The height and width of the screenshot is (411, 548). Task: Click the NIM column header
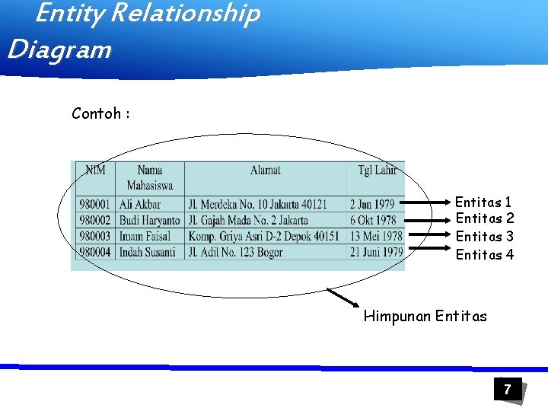(95, 170)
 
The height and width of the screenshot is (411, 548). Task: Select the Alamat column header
(266, 170)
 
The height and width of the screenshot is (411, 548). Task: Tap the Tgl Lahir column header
(377, 170)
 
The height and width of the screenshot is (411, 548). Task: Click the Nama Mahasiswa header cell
(150, 177)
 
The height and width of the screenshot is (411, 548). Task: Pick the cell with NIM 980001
(94, 205)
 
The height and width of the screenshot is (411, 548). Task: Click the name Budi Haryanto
(150, 221)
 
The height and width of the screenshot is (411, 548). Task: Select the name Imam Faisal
(145, 237)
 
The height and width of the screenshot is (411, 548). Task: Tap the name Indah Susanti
(148, 253)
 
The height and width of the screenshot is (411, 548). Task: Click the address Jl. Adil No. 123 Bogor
(236, 253)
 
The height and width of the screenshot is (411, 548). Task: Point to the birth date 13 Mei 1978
(376, 237)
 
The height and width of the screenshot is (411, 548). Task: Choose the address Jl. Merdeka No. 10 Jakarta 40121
(258, 205)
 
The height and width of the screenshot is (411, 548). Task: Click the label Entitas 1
(483, 202)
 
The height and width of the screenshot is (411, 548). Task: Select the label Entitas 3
(484, 237)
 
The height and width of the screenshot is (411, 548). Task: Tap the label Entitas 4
(484, 255)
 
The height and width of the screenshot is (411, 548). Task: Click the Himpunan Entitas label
(425, 316)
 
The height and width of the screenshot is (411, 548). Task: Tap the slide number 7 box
(506, 390)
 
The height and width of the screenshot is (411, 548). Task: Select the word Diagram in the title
(59, 50)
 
